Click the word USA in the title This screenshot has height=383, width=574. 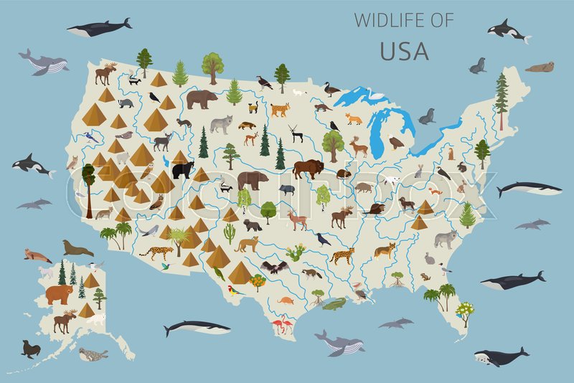point(403,51)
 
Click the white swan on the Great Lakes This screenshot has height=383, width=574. point(375,95)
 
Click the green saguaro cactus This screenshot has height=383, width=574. point(230,232)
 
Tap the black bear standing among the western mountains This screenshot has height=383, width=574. point(183,169)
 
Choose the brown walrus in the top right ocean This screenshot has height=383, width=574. point(540,67)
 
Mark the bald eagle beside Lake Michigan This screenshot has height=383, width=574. point(395,143)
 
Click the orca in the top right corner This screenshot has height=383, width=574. point(508,31)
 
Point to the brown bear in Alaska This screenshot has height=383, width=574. point(59,293)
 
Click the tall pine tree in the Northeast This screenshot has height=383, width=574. point(501,100)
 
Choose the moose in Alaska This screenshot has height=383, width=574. point(64,321)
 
